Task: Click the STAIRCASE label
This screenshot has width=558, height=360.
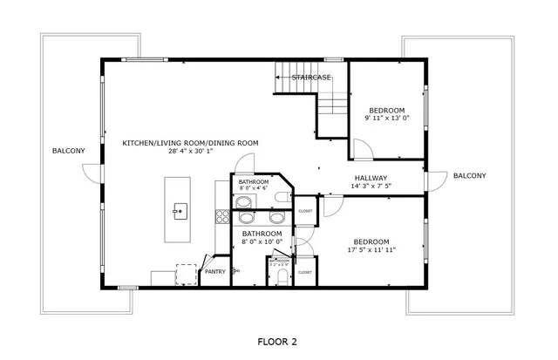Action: [x=311, y=78]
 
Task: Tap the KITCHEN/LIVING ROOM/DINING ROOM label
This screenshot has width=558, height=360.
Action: [x=190, y=143]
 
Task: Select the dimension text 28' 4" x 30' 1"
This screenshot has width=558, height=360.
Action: [x=190, y=152]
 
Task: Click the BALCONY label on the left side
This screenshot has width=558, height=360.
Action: [x=69, y=152]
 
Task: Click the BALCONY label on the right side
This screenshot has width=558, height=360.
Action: [x=469, y=176]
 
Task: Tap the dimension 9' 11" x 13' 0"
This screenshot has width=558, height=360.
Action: [x=386, y=119]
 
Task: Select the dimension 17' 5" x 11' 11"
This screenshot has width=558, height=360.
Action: [x=371, y=250]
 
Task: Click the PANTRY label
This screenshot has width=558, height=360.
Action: [x=214, y=272]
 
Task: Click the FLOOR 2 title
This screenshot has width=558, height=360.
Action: [x=278, y=341]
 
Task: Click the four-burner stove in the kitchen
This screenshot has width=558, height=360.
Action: [x=222, y=214]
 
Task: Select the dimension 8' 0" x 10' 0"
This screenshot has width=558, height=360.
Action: [x=262, y=243]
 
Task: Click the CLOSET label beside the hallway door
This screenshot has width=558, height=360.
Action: [x=305, y=211]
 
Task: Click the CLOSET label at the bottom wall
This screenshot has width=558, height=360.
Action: [x=305, y=272]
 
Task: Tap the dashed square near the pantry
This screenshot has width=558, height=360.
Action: [x=187, y=274]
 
